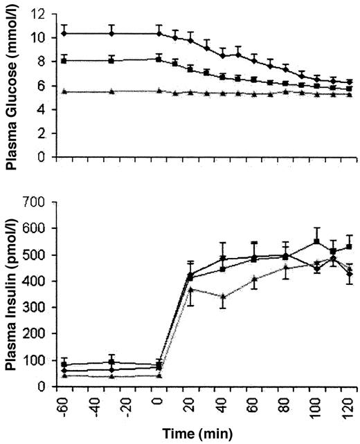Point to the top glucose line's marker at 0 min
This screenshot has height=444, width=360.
click(x=159, y=33)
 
